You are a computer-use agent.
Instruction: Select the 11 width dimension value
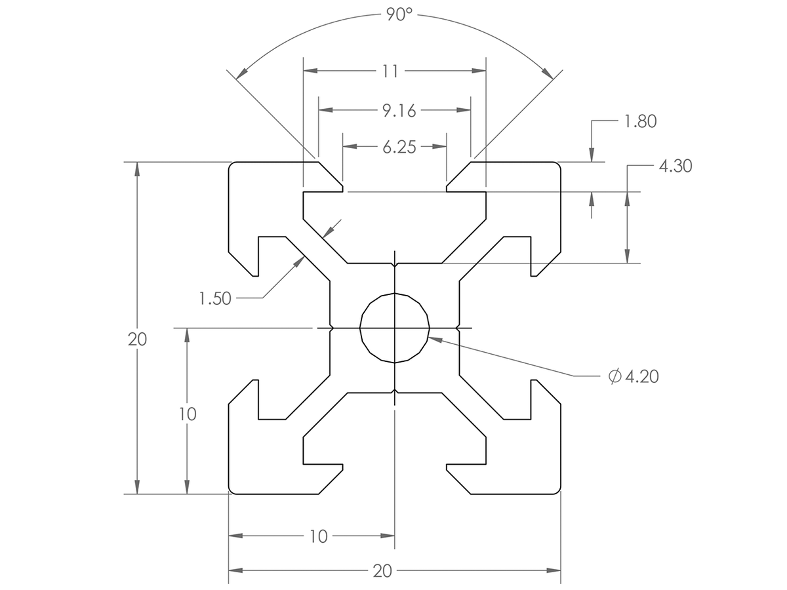pos(390,71)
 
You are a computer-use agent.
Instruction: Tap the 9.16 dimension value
pos(399,111)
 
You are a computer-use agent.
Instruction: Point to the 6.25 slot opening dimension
pos(399,147)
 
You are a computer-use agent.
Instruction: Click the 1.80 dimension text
pos(639,121)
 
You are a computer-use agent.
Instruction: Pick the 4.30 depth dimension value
pos(674,167)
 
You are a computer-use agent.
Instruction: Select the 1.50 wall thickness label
pos(215,298)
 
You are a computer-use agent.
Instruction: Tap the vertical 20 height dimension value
pos(137,340)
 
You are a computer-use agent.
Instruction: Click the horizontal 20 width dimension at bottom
pos(382,571)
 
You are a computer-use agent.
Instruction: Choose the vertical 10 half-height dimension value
pos(188,414)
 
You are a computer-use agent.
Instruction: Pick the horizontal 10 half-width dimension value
pos(318,536)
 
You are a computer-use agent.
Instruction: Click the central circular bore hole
pos(395,327)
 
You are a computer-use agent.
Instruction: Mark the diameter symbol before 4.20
pos(615,376)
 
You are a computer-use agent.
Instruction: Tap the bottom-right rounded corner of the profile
pos(558,490)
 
